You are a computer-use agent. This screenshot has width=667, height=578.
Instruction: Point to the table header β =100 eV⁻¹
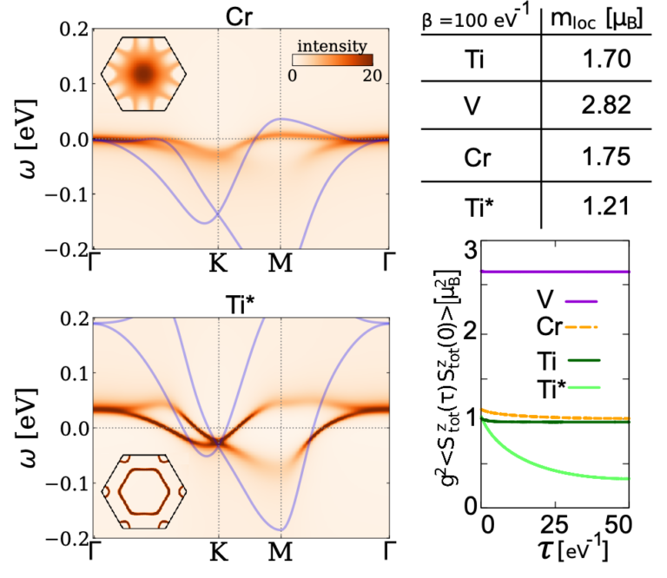click(476, 18)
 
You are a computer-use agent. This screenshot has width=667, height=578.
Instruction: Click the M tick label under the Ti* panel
click(280, 551)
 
